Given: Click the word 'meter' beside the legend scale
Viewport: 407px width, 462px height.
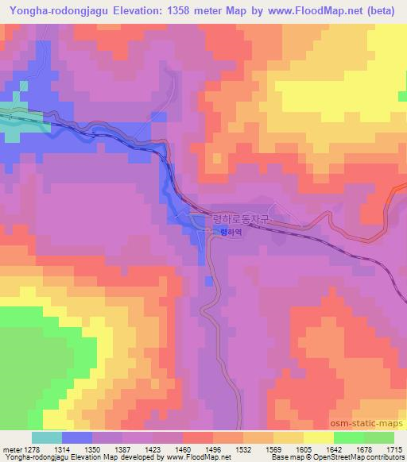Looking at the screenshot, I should click(12, 449).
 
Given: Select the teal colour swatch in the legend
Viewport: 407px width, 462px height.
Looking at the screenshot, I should click(46, 437).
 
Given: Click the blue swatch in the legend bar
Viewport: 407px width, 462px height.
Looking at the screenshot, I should click(76, 437).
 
